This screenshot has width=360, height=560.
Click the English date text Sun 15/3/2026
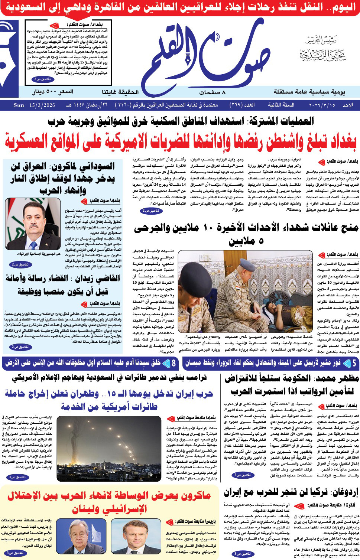tap(34, 105)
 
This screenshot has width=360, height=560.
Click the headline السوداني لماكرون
tap(62, 178)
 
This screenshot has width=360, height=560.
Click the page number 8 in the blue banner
tap(173, 362)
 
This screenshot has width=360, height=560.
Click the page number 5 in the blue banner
tap(354, 362)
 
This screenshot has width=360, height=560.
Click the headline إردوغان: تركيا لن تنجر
tap(291, 492)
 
